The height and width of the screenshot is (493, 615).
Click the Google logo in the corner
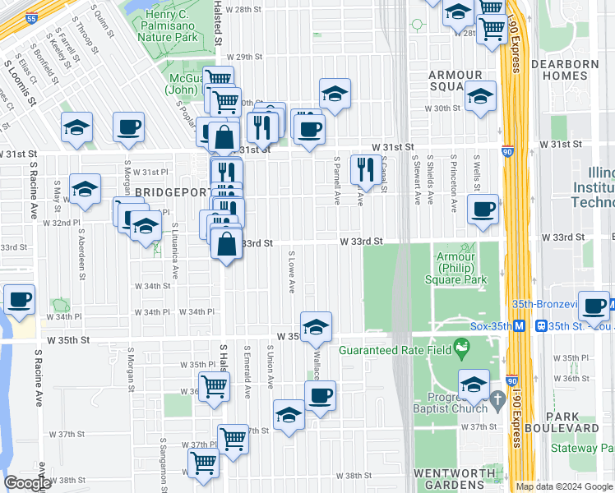point(27,483)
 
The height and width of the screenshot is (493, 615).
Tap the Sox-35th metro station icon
point(520,325)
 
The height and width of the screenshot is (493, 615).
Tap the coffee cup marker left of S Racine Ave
point(19,300)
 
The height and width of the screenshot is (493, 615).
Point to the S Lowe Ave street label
point(291,274)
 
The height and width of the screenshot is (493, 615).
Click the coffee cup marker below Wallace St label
point(321,395)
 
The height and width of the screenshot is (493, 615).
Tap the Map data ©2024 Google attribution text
point(564,486)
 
